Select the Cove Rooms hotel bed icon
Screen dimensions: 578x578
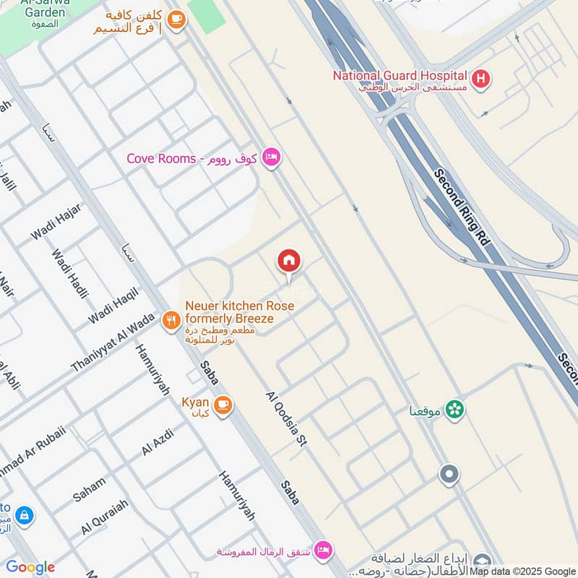271,158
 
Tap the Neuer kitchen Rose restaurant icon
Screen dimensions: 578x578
171,320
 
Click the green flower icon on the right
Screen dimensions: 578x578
454,410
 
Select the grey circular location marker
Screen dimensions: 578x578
449,475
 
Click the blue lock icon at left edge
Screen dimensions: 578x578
24,515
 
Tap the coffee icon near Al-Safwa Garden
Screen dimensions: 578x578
176,21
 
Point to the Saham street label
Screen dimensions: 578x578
89,489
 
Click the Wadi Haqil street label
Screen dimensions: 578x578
113,305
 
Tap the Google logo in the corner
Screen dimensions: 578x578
30,567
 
